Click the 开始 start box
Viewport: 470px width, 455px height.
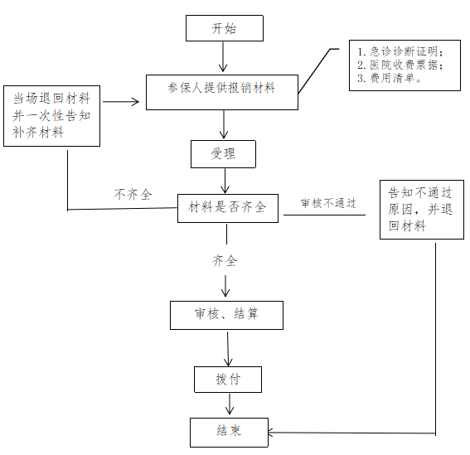[225, 28]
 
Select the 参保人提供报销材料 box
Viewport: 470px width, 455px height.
[222, 92]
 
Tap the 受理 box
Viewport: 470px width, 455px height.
[223, 154]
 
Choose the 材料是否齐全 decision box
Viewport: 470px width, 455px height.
[228, 208]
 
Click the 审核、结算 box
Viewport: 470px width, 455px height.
[226, 315]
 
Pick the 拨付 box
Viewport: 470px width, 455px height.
[228, 380]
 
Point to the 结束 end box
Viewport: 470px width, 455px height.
[229, 433]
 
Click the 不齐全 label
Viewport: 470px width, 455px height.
[133, 195]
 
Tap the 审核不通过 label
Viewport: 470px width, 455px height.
[328, 203]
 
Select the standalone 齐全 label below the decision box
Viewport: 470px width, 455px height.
[225, 261]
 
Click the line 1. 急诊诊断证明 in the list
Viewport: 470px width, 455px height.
[400, 51]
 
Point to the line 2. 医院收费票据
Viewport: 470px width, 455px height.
[400, 65]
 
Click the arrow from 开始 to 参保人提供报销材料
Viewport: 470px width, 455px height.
[223, 56]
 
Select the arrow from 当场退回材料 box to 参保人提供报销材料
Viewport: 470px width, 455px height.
[121, 102]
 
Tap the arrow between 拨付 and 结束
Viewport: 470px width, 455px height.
[230, 404]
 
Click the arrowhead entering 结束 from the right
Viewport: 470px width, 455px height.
[270, 433]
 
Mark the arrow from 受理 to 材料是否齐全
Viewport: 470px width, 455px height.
[225, 181]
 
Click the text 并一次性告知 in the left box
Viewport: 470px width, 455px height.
[51, 116]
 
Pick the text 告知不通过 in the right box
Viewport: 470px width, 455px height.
[420, 193]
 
